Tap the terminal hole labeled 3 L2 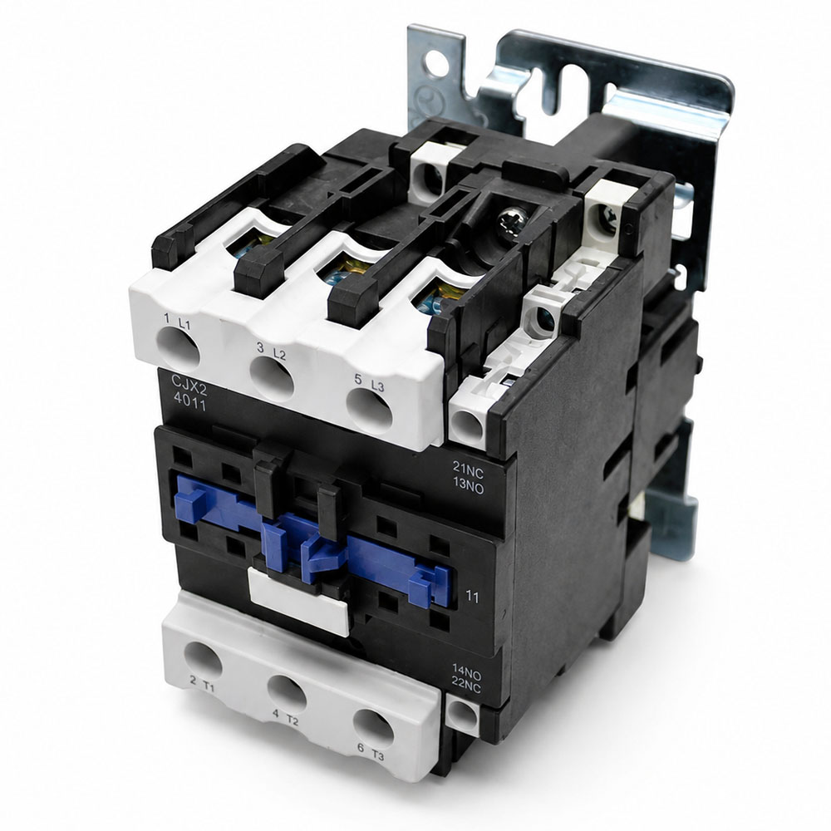[272, 378]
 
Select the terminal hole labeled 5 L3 [370, 411]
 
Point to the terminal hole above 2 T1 [203, 660]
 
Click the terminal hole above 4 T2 [287, 691]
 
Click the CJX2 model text [189, 383]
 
